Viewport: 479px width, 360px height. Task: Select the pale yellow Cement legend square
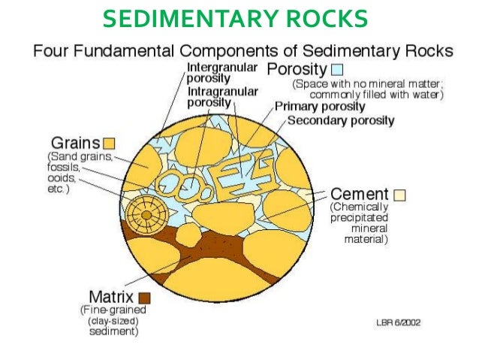coord(400,195)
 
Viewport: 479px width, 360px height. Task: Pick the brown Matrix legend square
coord(144,296)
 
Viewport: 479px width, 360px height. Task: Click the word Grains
coord(76,141)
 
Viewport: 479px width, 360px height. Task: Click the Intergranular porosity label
coord(223,72)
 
